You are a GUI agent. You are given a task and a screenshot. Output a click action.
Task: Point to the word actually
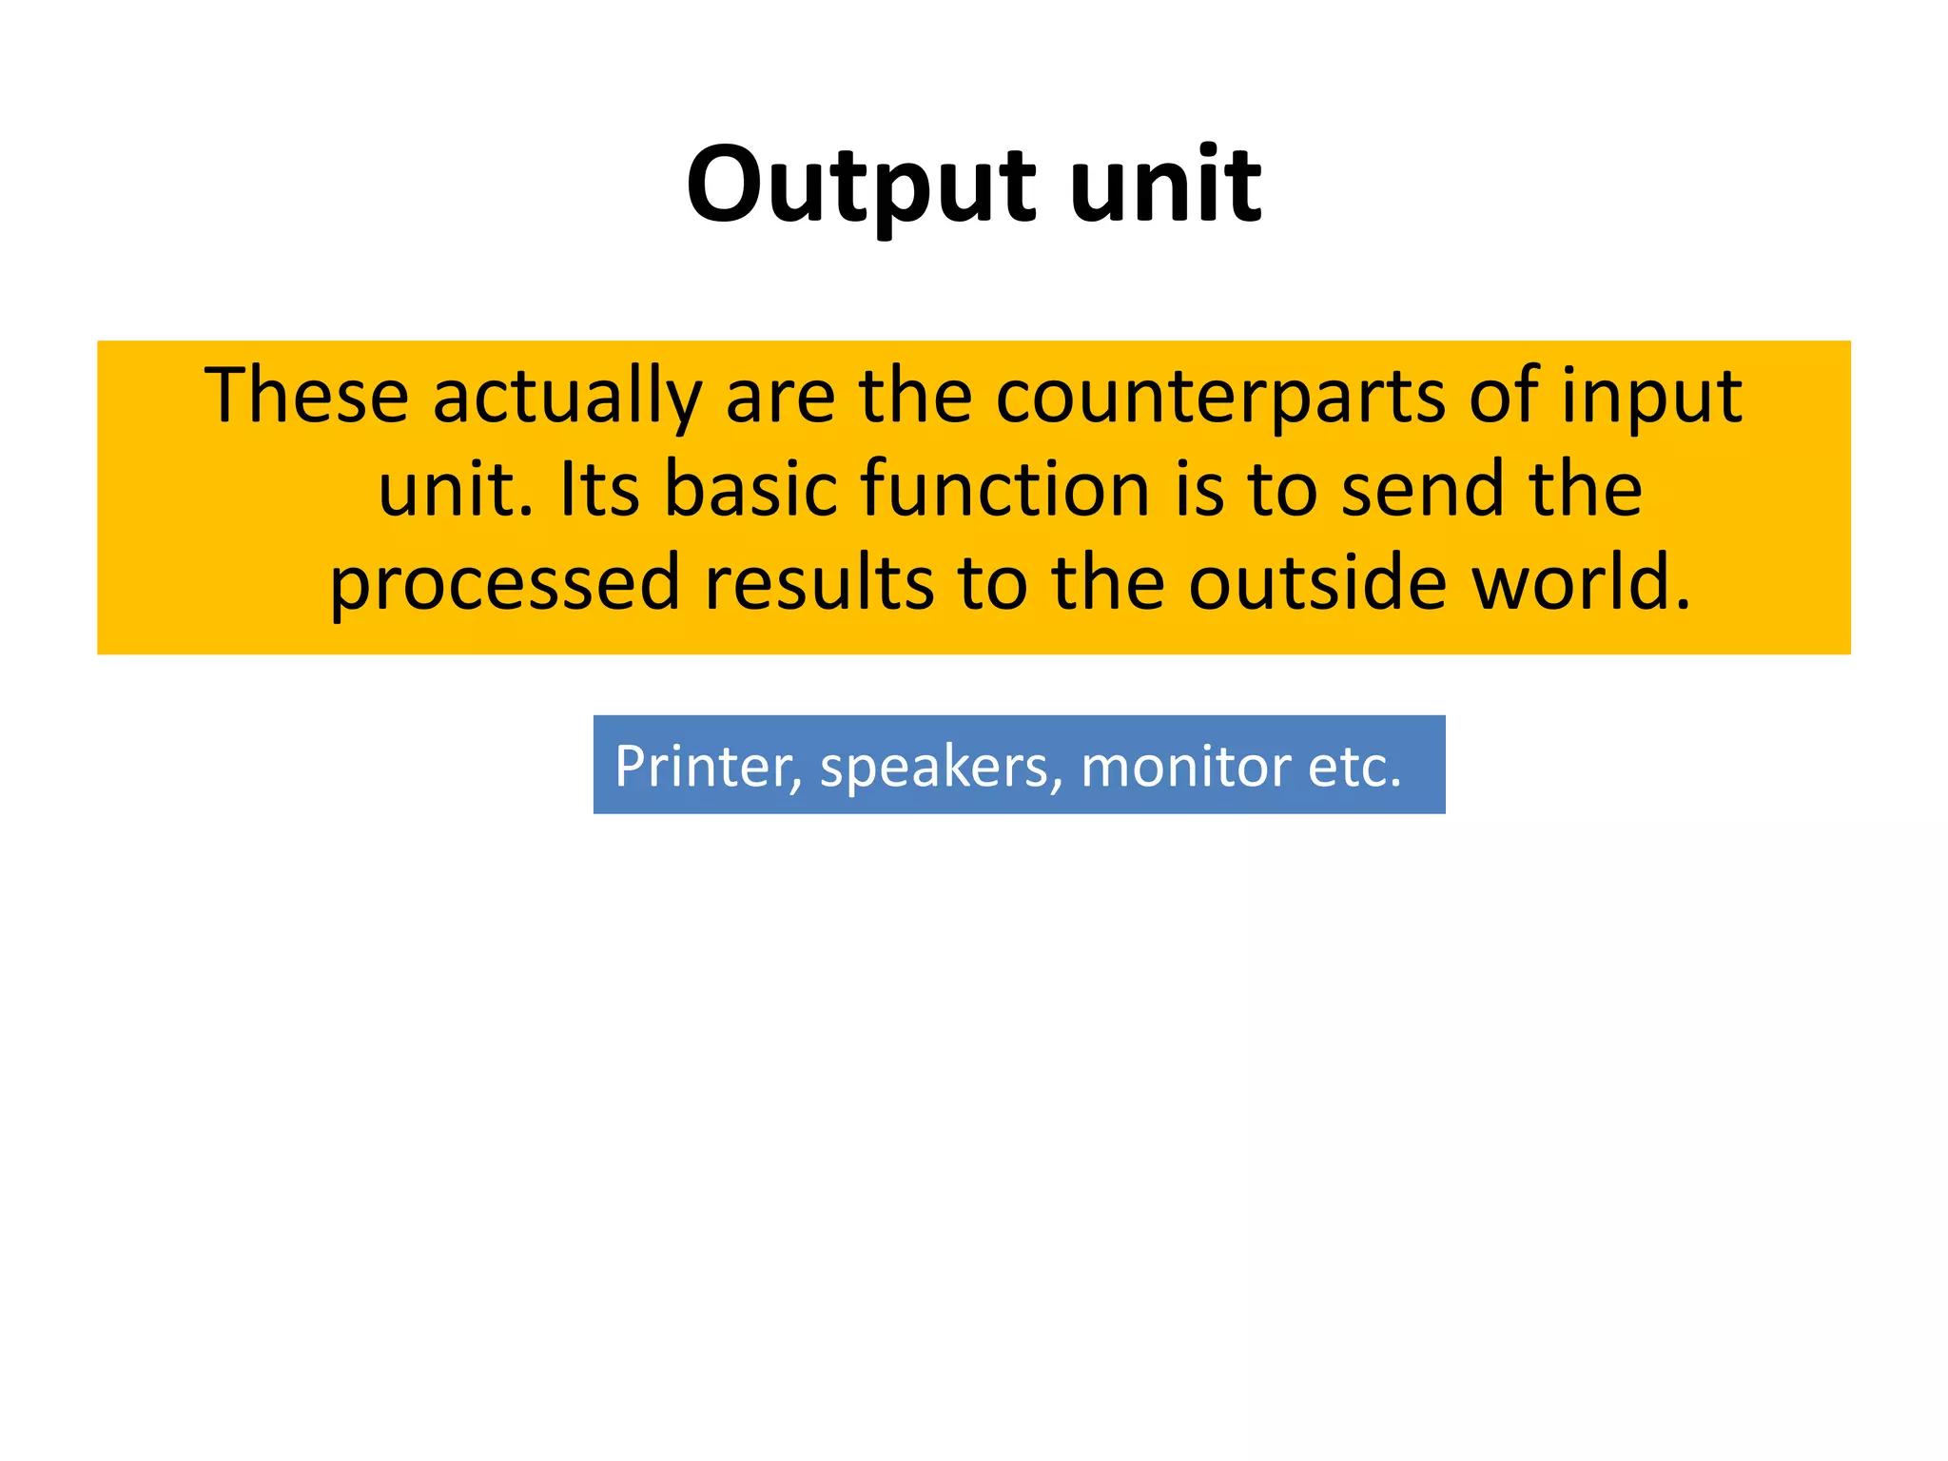tap(567, 398)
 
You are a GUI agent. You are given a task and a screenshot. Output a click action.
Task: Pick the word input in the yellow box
tap(1652, 398)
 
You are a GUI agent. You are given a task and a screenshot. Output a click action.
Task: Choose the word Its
tap(599, 489)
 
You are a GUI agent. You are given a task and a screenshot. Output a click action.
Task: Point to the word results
tap(819, 582)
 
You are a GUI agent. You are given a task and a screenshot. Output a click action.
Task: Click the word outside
tap(1317, 582)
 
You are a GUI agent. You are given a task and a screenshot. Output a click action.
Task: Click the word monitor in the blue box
tap(1184, 767)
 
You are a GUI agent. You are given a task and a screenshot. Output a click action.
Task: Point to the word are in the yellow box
tap(780, 398)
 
